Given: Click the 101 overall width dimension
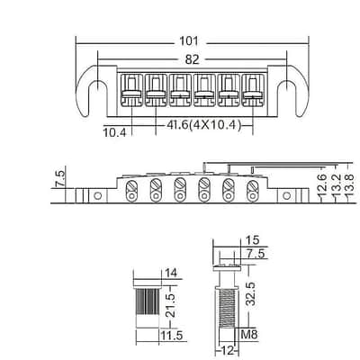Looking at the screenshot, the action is pos(189,41).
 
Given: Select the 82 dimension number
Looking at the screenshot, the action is pos(192,59).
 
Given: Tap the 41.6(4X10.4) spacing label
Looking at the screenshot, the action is pos(203,125).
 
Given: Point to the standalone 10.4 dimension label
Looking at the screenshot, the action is pos(115,132).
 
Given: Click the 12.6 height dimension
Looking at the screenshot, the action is pos(321,186).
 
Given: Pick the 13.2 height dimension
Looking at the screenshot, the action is pos(337,186).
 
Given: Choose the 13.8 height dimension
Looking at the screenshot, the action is pos(350,186).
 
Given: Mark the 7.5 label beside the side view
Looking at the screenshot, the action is pos(59,178).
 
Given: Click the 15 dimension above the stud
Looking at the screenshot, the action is pos(252,240).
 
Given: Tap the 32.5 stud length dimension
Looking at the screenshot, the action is pos(251,293).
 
